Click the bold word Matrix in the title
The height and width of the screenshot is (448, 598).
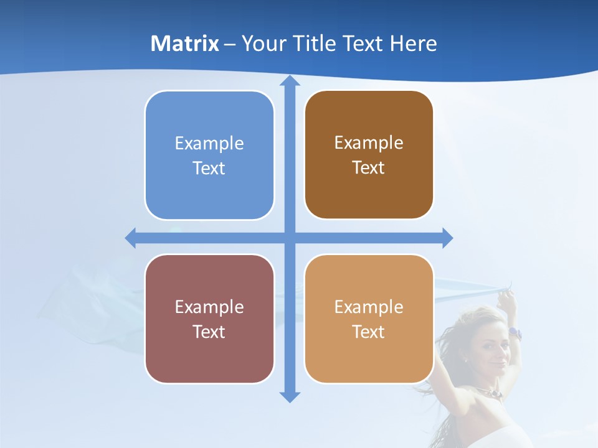click(184, 44)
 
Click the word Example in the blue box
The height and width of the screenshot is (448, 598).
click(209, 143)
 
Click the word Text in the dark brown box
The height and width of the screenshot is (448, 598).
click(369, 168)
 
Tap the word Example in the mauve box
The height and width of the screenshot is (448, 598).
click(209, 307)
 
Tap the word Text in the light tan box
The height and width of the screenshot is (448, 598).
click(369, 332)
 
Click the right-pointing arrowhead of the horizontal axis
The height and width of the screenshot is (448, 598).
click(447, 238)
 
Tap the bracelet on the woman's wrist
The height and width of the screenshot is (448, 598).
click(515, 333)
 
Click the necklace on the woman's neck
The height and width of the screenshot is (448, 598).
click(492, 392)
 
